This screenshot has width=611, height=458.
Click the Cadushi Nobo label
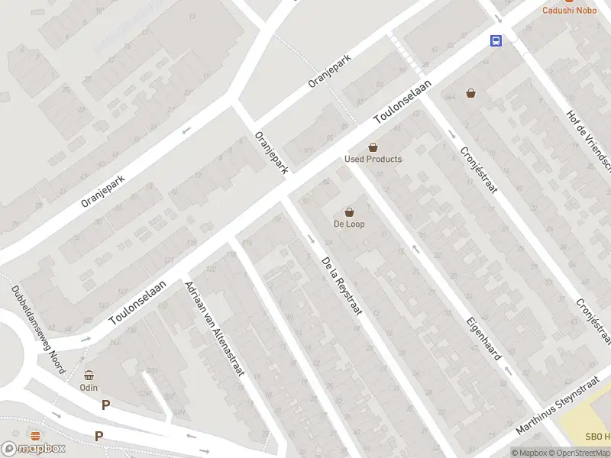569,10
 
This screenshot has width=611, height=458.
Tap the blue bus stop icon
496,41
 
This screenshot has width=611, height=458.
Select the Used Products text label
373,159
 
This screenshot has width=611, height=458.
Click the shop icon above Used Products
373,147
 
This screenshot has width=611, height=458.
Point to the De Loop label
349,224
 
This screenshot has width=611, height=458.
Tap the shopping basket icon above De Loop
349,211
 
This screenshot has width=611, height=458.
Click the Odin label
89,387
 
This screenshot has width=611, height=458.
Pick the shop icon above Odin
89,375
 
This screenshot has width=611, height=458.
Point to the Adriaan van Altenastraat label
215,328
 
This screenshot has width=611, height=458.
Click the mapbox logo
33,448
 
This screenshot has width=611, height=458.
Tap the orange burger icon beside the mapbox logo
36,434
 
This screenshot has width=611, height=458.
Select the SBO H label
597,436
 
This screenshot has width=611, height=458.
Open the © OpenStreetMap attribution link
583,453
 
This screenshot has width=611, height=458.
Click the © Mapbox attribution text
532,453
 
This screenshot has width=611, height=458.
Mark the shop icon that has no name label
471,93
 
